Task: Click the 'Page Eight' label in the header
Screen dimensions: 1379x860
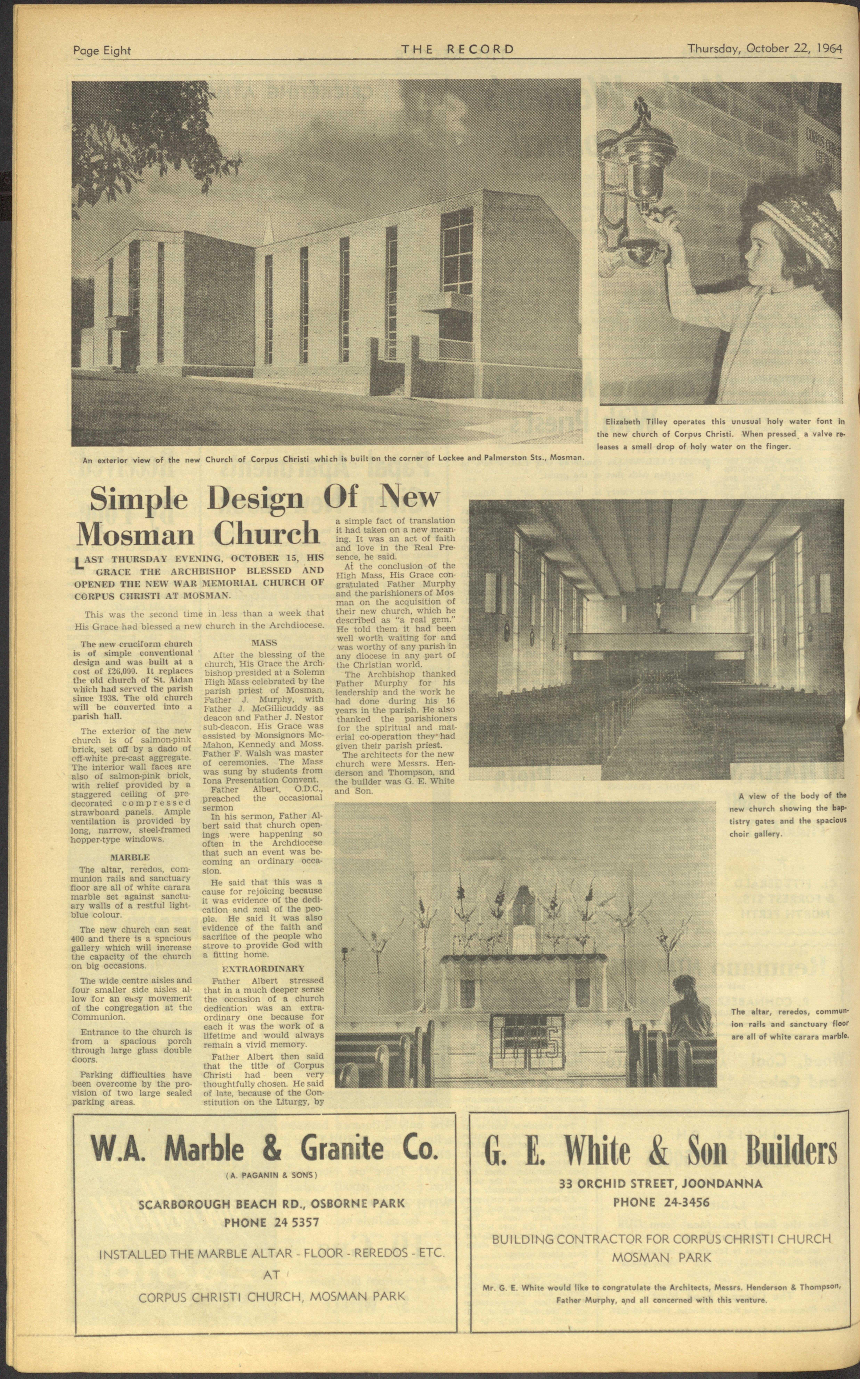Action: click(102, 51)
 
